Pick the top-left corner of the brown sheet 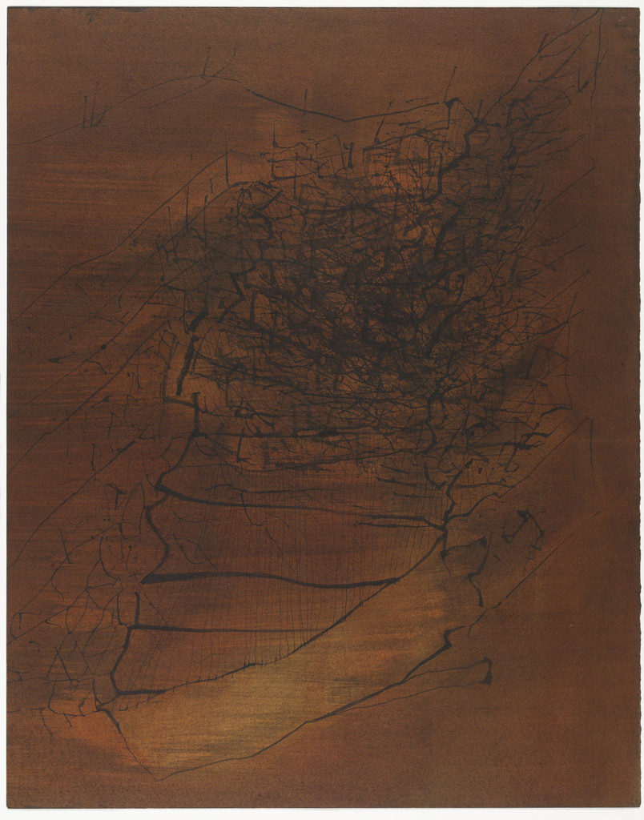pyautogui.click(x=8, y=9)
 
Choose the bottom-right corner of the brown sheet pyautogui.click(x=638, y=806)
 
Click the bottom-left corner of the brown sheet pyautogui.click(x=8, y=807)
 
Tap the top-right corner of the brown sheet pyautogui.click(x=638, y=9)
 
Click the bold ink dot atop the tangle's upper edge pyautogui.click(x=450, y=102)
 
